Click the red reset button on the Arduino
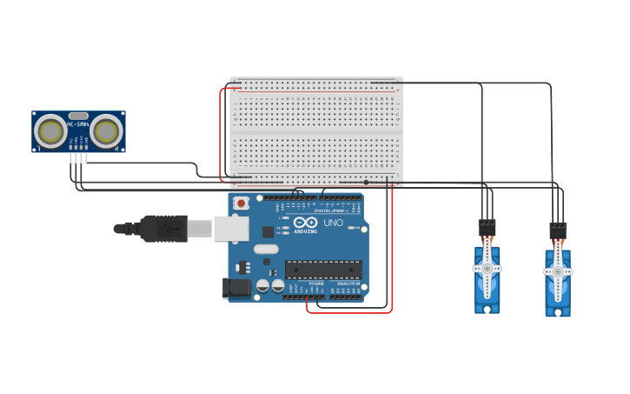pos(240,203)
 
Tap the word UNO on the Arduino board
pos(333,223)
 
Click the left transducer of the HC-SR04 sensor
pos(50,131)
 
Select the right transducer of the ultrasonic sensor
pos(107,131)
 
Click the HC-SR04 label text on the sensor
pos(78,124)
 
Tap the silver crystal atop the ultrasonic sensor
pos(78,115)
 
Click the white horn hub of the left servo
pos(487,269)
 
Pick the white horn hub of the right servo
pos(557,272)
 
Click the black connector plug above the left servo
pos(487,228)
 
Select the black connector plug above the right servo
pos(558,230)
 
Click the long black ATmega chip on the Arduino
pos(323,270)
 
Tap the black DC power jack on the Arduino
pos(235,289)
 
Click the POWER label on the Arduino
pos(316,284)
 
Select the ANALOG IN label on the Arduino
pos(348,284)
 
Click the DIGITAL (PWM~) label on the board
pos(335,210)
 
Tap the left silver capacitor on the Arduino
pos(262,285)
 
